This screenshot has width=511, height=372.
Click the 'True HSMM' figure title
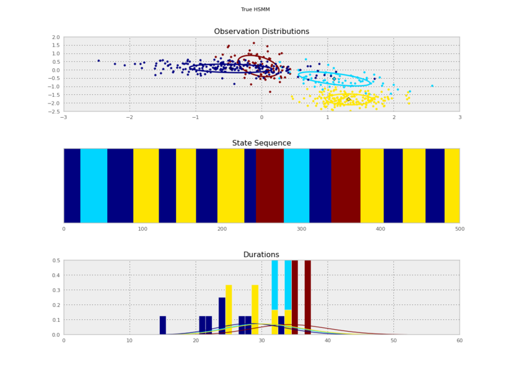[x=255, y=10]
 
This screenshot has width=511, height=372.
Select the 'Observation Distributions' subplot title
[x=261, y=32]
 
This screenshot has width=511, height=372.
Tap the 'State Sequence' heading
[x=261, y=143]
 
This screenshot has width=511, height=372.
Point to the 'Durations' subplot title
[x=261, y=255]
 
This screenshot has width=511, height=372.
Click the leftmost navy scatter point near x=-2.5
[x=98, y=61]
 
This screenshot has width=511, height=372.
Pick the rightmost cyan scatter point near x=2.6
[x=432, y=86]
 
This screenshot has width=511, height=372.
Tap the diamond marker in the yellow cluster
[x=348, y=99]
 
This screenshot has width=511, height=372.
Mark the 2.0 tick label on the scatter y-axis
[x=56, y=37]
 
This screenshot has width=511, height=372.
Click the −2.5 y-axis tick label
[x=55, y=112]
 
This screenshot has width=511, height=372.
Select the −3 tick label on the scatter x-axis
[x=63, y=117]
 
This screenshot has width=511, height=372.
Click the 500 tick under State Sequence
[x=460, y=229]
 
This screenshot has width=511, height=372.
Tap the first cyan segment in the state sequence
[x=94, y=185]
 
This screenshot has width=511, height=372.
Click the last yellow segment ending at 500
[x=452, y=185]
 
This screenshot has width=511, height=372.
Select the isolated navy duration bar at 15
[x=163, y=325]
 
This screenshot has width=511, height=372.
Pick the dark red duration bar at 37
[x=308, y=298]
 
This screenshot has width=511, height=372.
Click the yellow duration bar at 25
[x=229, y=310]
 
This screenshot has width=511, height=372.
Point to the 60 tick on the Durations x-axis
[x=460, y=340]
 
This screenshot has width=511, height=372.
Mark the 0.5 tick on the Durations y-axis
[x=56, y=260]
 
